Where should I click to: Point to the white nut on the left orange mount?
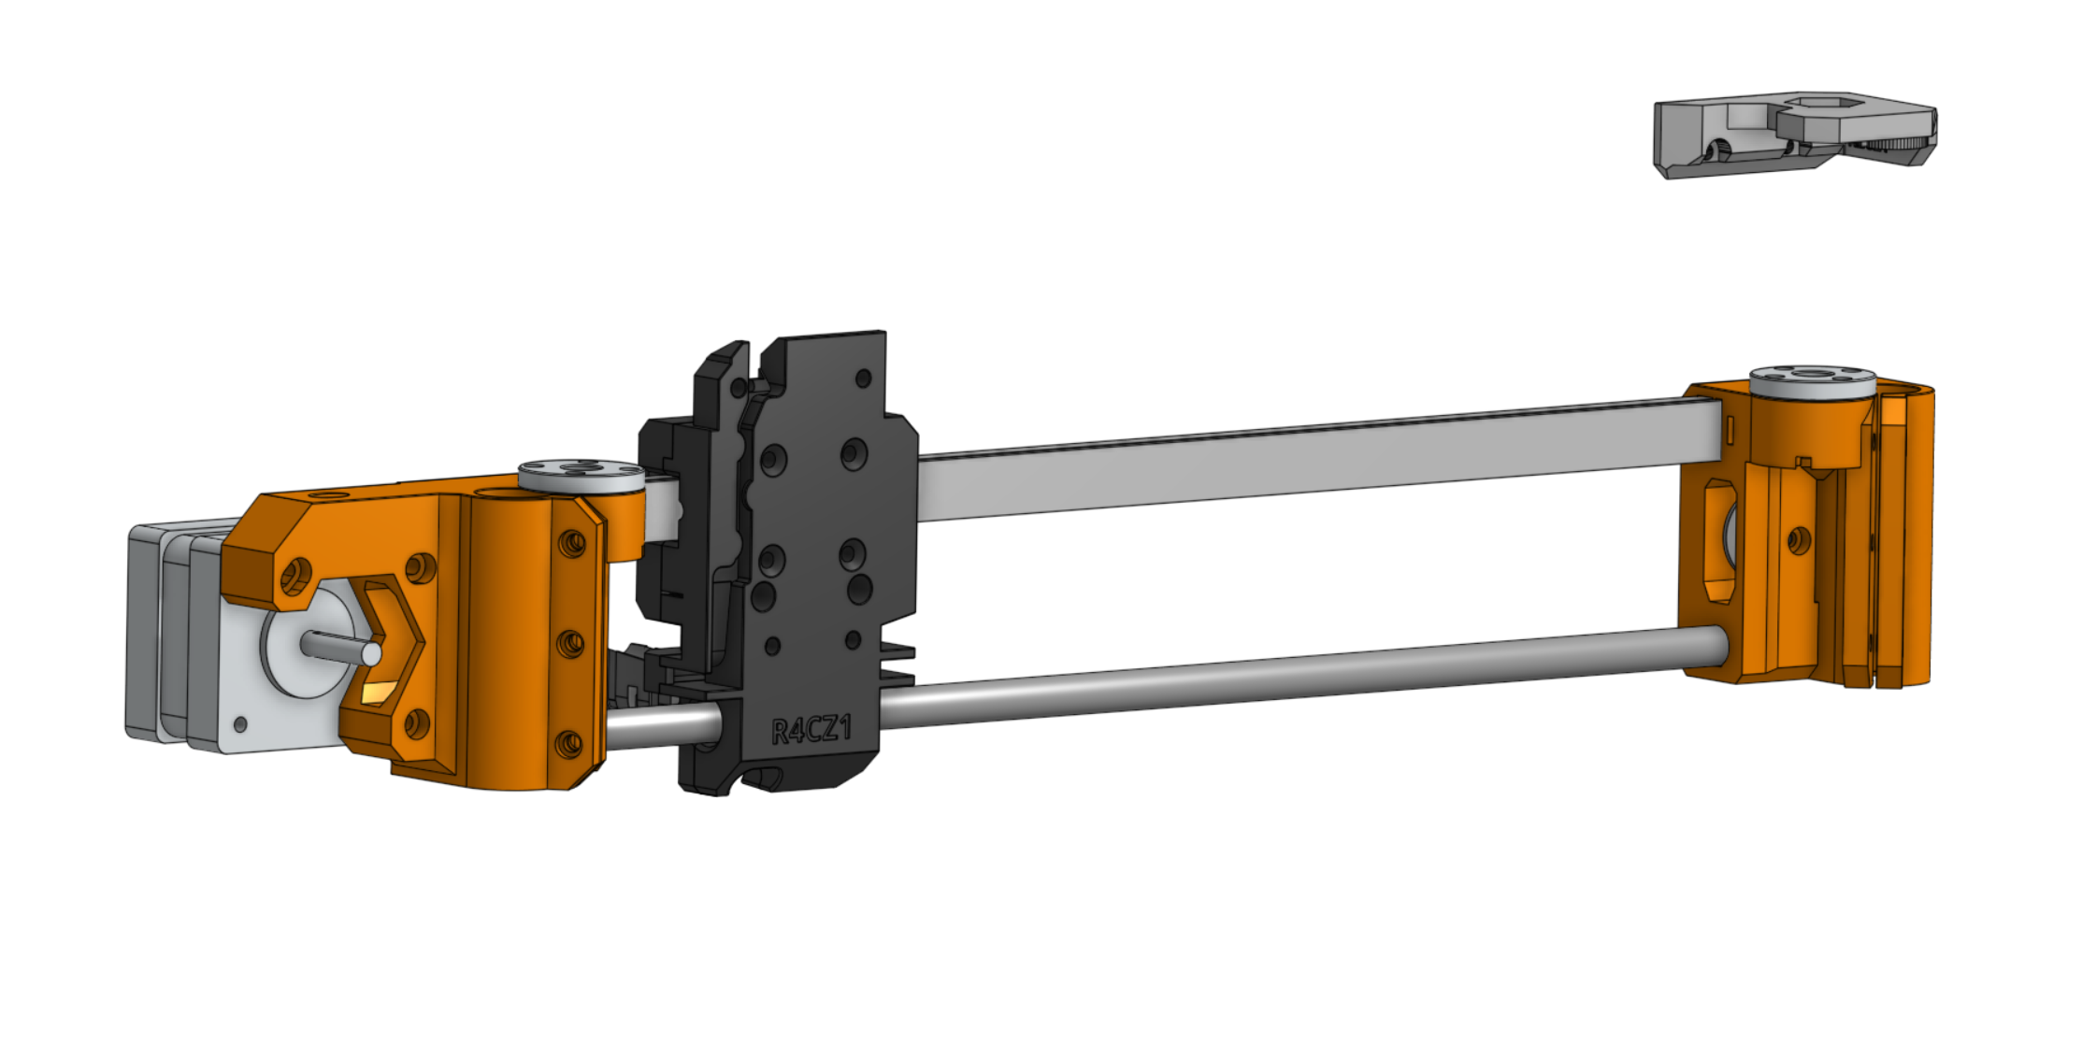click(x=581, y=474)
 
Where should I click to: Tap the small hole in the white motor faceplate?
click(x=240, y=724)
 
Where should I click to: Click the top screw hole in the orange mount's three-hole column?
click(x=571, y=542)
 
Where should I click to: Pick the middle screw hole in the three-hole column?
click(x=569, y=643)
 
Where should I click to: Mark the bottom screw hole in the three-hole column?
click(x=567, y=744)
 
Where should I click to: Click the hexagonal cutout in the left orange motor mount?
click(x=383, y=645)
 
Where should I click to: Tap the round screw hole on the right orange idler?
click(x=1798, y=539)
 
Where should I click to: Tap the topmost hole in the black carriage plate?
click(x=863, y=379)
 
